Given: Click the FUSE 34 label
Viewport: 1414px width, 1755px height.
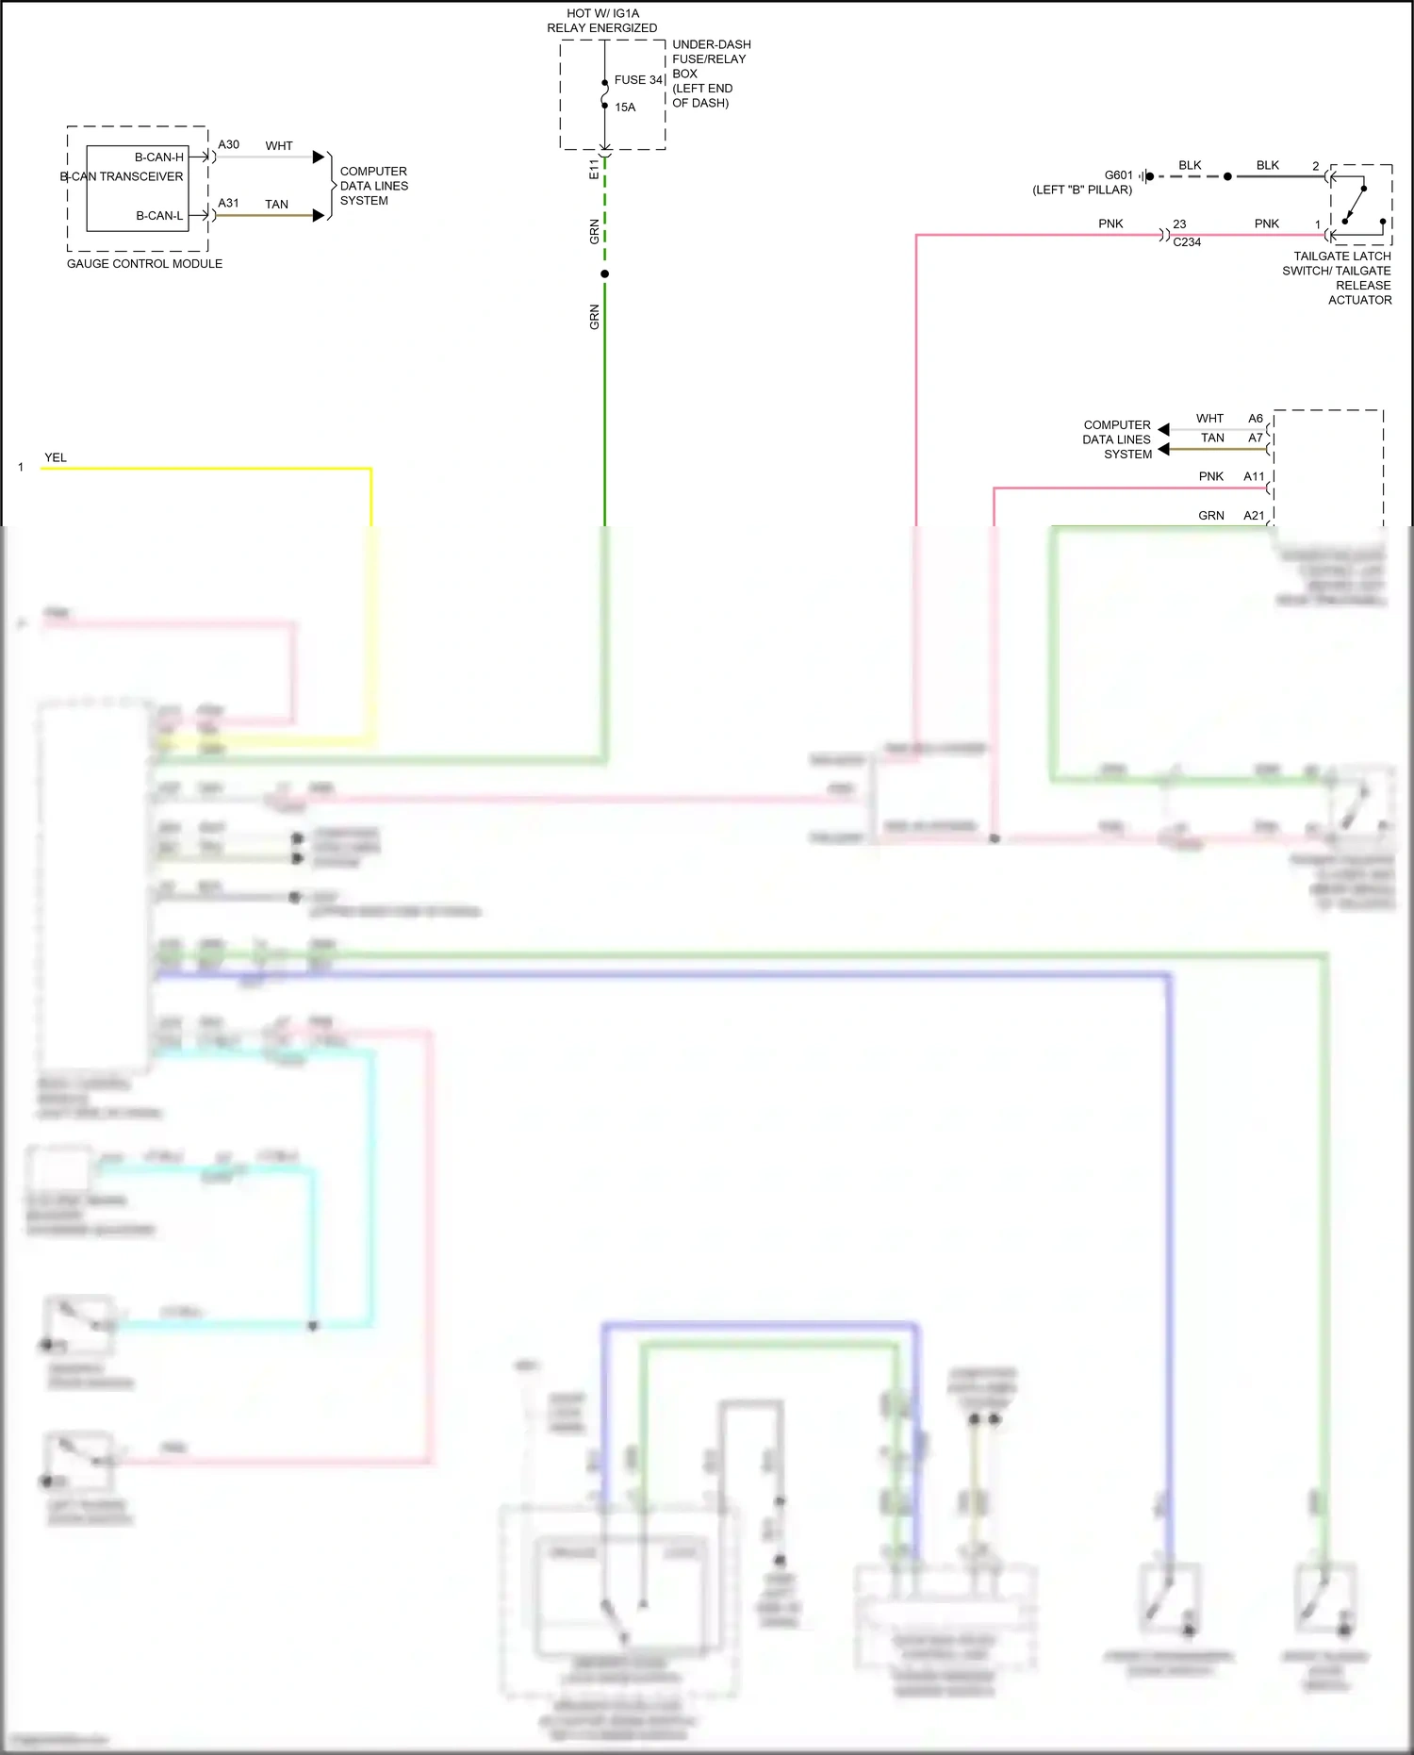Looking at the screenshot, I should click(x=638, y=80).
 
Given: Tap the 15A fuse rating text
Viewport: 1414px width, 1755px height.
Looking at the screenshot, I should click(x=625, y=108).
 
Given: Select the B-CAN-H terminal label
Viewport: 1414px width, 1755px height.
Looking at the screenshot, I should click(x=158, y=157).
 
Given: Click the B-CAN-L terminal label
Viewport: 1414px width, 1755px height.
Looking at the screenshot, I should click(x=159, y=216).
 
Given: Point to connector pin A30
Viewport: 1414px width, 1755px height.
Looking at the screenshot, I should click(x=228, y=145).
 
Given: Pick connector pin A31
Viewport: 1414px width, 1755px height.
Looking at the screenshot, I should click(x=228, y=204).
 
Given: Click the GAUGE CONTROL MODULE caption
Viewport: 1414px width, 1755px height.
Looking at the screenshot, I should click(x=144, y=264).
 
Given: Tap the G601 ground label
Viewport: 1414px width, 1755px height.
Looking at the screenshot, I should click(x=1118, y=175).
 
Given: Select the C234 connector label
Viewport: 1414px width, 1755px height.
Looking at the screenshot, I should click(x=1187, y=242).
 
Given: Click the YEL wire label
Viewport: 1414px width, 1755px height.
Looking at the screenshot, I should click(x=56, y=458).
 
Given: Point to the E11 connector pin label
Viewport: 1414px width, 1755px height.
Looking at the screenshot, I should click(x=594, y=170).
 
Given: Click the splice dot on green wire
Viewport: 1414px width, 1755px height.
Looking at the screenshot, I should click(x=604, y=274).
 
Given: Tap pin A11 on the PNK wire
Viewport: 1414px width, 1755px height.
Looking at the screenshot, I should click(x=1254, y=477).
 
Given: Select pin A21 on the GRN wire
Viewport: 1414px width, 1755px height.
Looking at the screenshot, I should click(x=1254, y=516).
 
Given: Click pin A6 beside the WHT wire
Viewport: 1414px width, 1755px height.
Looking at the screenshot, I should click(x=1256, y=419).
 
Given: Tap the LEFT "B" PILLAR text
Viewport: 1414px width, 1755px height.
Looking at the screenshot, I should click(x=1082, y=190).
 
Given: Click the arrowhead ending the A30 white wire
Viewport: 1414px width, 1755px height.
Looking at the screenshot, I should click(x=319, y=157).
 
